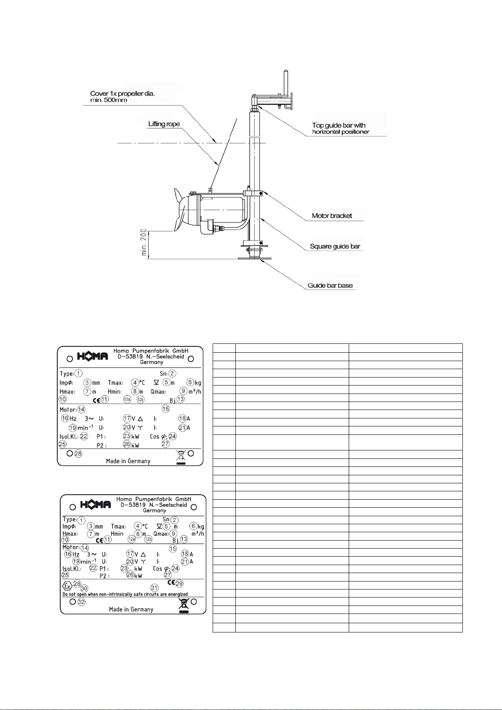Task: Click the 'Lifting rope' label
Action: [x=164, y=124]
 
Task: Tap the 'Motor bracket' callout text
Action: [x=332, y=216]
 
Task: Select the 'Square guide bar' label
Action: [x=335, y=246]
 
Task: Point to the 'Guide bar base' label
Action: [x=330, y=286]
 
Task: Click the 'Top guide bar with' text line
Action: [x=339, y=125]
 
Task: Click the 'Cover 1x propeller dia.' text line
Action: [x=122, y=94]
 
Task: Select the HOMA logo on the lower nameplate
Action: [x=96, y=504]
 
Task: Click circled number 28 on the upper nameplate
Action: [x=78, y=454]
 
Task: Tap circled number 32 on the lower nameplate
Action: [x=81, y=602]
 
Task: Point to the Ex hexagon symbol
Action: [x=67, y=586]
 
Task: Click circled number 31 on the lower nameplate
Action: [x=154, y=588]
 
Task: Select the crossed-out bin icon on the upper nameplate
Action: [x=181, y=456]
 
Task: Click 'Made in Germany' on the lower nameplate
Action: [x=131, y=609]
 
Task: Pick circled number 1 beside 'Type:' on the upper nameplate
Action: [x=79, y=373]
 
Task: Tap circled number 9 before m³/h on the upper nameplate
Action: [x=184, y=391]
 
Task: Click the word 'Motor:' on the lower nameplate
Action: [x=71, y=547]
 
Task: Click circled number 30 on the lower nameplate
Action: [x=84, y=588]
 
